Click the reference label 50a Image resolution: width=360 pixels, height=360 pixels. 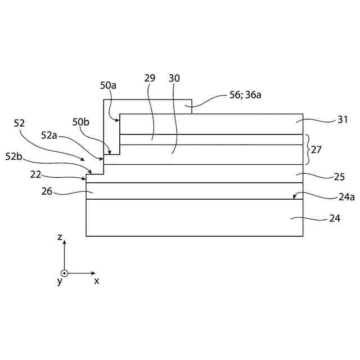pyautogui.click(x=108, y=85)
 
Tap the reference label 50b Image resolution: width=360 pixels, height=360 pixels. pyautogui.click(x=80, y=121)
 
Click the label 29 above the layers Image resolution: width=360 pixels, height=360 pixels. pyautogui.click(x=150, y=78)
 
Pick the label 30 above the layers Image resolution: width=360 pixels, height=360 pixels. pyautogui.click(x=174, y=78)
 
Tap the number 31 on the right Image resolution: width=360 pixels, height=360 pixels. pyautogui.click(x=343, y=119)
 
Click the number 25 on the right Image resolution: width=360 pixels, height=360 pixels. pyautogui.click(x=339, y=176)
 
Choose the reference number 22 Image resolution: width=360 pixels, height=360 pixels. pyautogui.click(x=36, y=175)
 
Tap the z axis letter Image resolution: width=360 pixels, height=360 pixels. pyautogui.click(x=59, y=237)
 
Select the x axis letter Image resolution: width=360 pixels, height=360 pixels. pyautogui.click(x=96, y=280)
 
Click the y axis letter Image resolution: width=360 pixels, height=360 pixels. pyautogui.click(x=59, y=281)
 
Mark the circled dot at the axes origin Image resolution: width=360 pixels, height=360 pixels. pyautogui.click(x=64, y=273)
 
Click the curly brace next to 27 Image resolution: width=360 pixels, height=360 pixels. pyautogui.click(x=307, y=149)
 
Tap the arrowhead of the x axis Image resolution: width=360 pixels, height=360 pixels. pyautogui.click(x=93, y=273)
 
